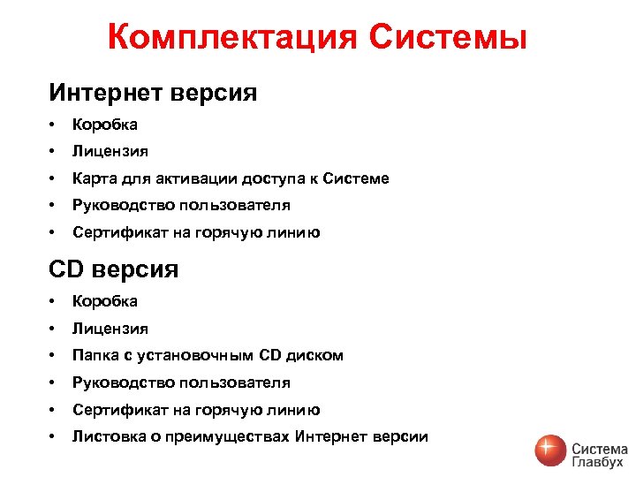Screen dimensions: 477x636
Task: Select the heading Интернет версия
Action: [x=153, y=93]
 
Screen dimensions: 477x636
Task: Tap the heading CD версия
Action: [x=113, y=269]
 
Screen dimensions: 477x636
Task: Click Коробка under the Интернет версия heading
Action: [x=105, y=125]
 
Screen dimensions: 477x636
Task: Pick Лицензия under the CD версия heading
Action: [x=110, y=329]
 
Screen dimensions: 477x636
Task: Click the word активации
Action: [x=184, y=178]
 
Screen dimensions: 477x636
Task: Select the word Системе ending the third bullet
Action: [x=355, y=178]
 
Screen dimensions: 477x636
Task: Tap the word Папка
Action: [x=93, y=355]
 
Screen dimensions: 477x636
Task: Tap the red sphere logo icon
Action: [x=551, y=450]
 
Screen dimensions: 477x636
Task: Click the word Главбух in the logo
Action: [x=599, y=461]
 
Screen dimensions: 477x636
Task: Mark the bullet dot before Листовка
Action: [x=54, y=436]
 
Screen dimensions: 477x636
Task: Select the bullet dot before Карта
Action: [x=54, y=178]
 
